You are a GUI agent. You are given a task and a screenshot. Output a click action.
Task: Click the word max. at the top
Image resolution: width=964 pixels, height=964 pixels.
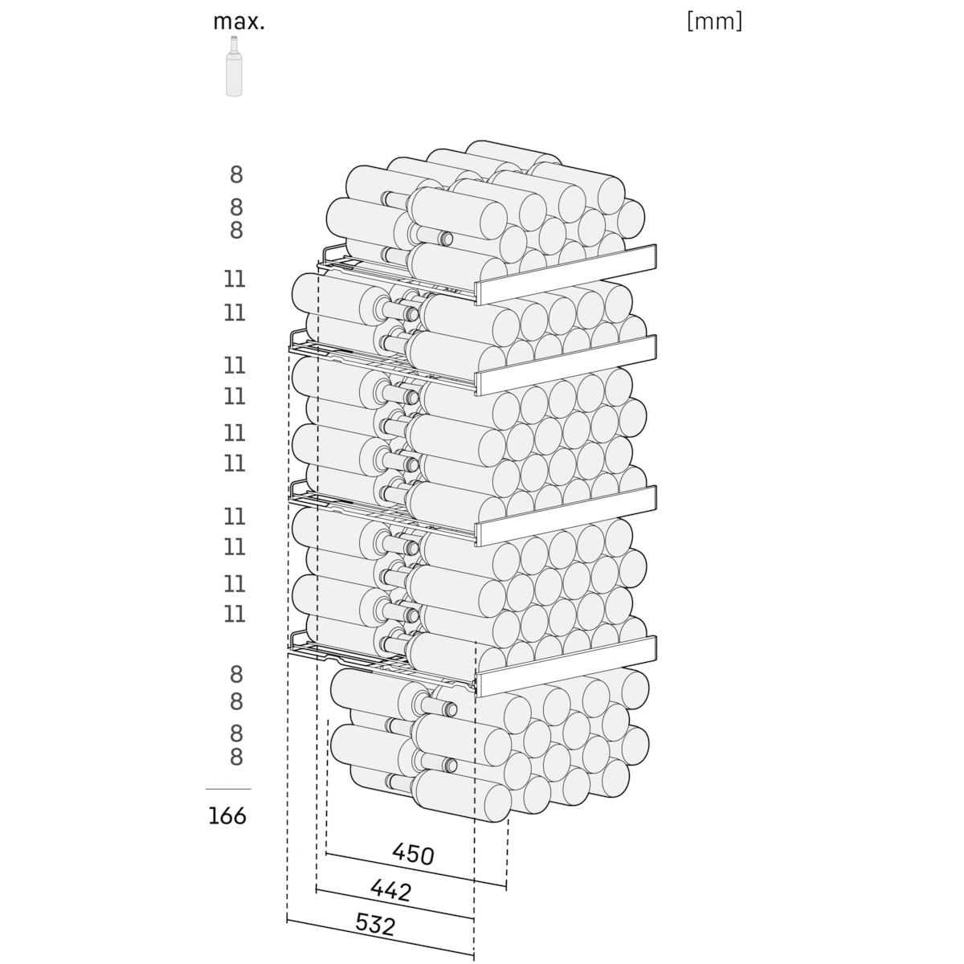(x=239, y=22)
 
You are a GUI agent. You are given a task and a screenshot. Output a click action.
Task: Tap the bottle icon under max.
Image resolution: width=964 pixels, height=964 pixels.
(x=233, y=66)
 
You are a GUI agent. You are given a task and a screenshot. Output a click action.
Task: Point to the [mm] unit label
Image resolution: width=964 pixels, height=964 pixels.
(x=714, y=22)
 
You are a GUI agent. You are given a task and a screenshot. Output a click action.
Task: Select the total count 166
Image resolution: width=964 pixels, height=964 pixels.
(x=227, y=816)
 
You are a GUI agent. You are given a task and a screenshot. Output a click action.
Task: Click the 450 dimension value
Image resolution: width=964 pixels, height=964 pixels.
(x=413, y=854)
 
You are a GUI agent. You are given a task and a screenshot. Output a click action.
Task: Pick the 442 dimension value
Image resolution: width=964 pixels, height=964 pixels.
(x=391, y=890)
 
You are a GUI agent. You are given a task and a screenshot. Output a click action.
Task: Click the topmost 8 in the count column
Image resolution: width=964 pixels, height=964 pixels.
(x=236, y=175)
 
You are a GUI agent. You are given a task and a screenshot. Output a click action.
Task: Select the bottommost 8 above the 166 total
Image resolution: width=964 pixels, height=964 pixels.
(x=236, y=757)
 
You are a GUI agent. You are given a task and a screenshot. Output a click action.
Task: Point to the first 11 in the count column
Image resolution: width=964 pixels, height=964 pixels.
(x=235, y=279)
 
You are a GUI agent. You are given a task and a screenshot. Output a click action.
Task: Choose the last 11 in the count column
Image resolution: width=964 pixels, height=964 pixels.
(x=235, y=614)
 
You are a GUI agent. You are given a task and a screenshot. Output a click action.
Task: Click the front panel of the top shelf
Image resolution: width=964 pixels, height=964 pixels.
(x=566, y=274)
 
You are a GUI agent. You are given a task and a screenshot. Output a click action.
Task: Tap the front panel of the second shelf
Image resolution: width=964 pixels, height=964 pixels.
(x=566, y=366)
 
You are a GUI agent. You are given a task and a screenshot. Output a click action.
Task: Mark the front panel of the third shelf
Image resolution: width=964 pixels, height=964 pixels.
(x=566, y=516)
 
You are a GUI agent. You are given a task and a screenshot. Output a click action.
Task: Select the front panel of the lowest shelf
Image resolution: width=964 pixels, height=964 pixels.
(x=566, y=666)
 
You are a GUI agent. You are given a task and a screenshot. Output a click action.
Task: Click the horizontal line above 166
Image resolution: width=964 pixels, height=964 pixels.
(x=228, y=789)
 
